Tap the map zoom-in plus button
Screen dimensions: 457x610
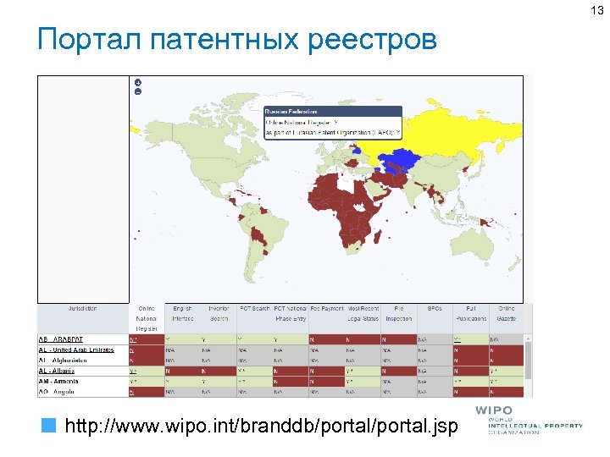137,82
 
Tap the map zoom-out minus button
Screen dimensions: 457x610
137,91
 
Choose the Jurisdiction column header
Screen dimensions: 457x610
82,308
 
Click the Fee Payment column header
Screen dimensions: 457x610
325,308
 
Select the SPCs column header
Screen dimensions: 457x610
435,308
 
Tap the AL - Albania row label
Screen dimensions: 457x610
58,371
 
